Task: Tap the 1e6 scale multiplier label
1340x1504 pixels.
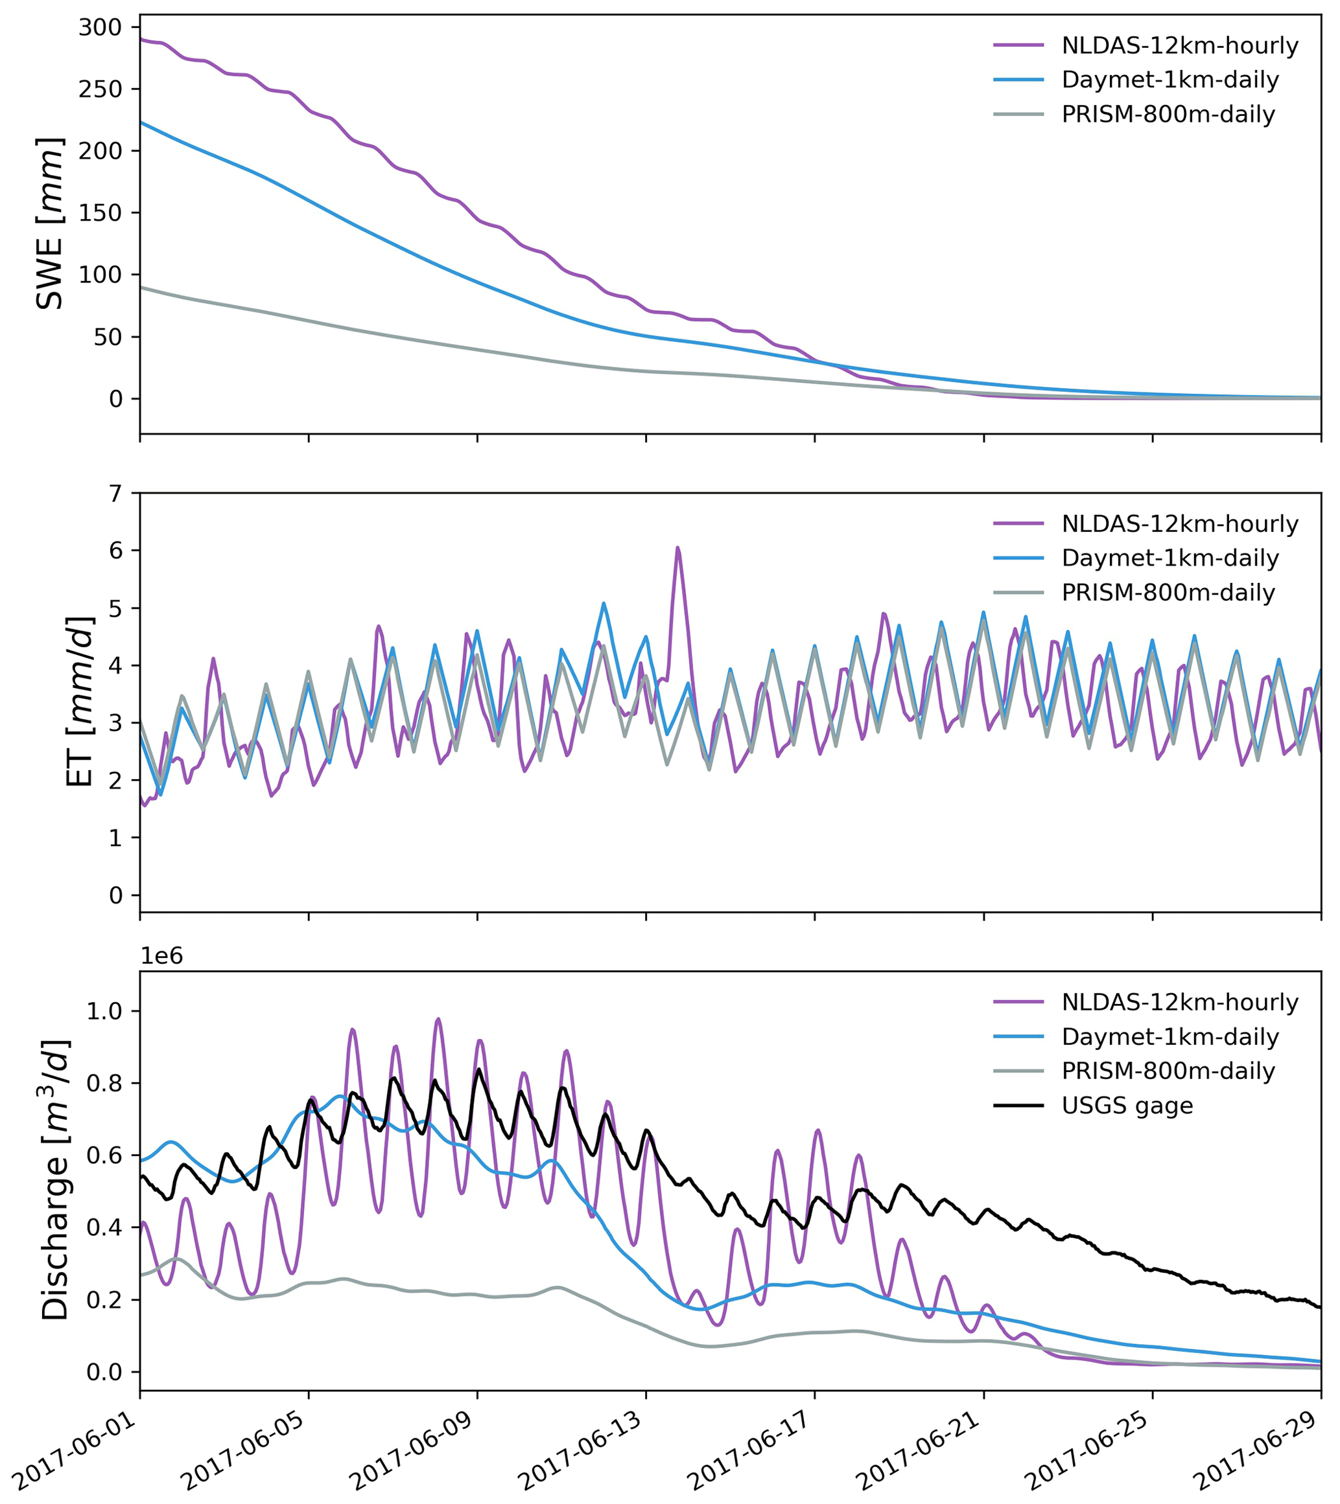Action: tap(161, 957)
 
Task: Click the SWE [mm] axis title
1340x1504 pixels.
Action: tap(50, 223)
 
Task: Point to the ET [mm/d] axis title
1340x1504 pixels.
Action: tap(80, 702)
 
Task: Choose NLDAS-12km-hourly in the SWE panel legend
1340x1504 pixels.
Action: tap(1179, 45)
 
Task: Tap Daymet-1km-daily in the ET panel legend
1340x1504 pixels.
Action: tap(1170, 558)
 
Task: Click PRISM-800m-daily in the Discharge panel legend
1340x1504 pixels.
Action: tap(1168, 1071)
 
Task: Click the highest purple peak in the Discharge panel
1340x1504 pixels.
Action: tap(438, 1020)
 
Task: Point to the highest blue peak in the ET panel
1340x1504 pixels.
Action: tap(604, 604)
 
